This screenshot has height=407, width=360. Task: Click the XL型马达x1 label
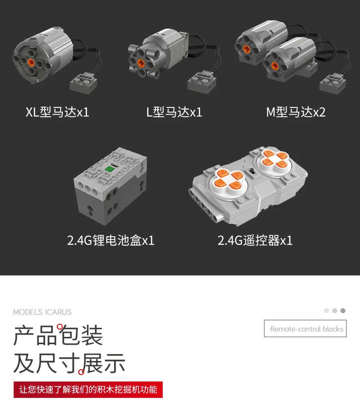point(57,112)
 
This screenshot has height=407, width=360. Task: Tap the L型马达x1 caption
point(174,112)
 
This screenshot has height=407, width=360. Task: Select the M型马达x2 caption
point(296,112)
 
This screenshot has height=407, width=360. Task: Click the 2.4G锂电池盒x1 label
point(111,240)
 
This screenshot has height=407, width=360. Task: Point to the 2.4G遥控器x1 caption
point(255,240)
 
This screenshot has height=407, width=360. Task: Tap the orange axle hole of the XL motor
point(31,62)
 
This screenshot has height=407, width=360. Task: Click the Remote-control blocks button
point(305,329)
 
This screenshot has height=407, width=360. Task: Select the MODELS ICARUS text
point(42,312)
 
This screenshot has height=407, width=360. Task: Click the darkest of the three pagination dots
point(343,311)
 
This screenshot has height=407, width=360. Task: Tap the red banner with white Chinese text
point(88,390)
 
